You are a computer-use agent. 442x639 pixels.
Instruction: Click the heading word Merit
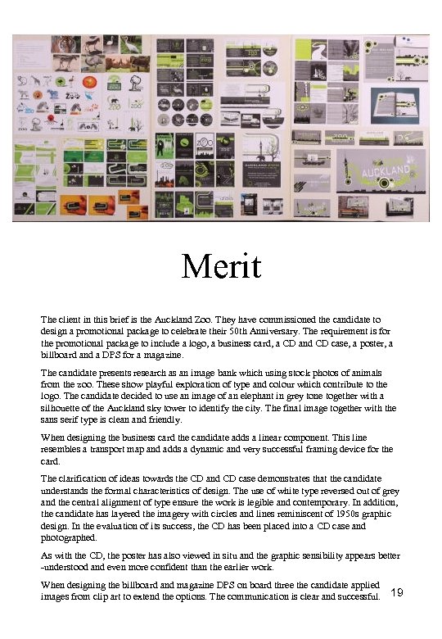point(221,266)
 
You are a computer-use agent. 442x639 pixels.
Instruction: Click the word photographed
point(66,538)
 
